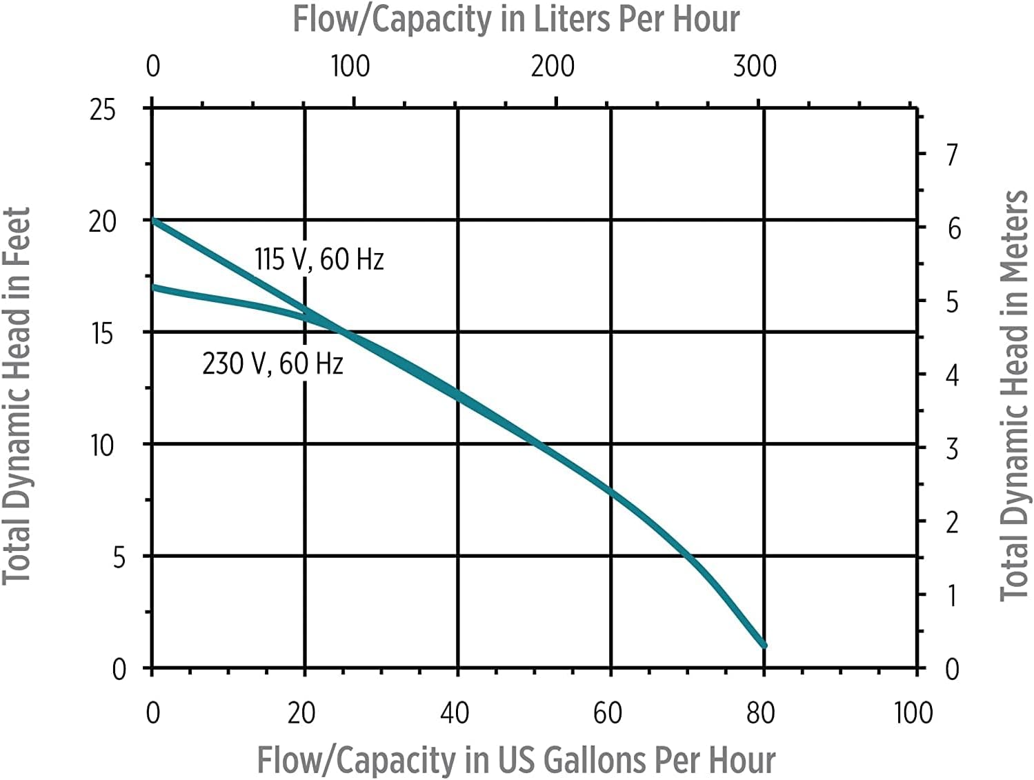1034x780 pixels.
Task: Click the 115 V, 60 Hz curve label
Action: point(319,260)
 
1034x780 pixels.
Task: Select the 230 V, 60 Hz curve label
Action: point(272,363)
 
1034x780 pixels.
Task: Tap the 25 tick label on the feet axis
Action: point(103,110)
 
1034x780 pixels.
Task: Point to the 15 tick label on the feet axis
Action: point(103,334)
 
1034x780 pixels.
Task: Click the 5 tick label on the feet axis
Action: point(119,557)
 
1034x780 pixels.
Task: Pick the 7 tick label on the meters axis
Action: point(953,154)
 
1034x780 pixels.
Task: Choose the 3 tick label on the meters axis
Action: point(952,450)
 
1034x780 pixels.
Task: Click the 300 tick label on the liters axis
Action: point(755,66)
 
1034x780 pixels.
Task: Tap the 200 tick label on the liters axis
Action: point(553,66)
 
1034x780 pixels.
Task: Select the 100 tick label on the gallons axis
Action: point(913,713)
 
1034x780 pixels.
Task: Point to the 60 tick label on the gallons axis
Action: point(608,713)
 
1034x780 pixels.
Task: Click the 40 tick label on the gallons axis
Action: point(455,713)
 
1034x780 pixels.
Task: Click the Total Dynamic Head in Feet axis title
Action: point(17,396)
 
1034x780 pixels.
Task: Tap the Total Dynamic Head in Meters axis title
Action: point(1014,396)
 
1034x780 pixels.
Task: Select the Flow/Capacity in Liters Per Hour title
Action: point(516,19)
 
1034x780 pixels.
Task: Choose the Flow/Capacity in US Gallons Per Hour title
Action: point(516,760)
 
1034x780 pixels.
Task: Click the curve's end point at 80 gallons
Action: point(764,646)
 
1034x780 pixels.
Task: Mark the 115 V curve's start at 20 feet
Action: point(153,221)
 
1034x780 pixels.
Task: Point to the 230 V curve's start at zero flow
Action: point(153,287)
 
